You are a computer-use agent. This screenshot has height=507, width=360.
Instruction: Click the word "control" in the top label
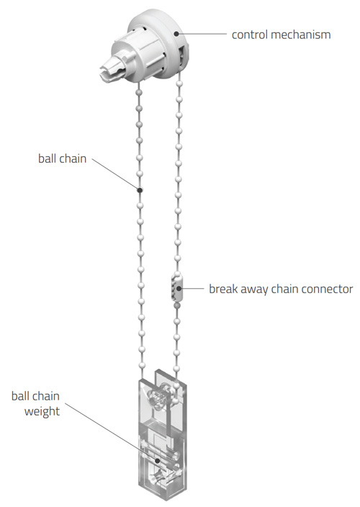pyautogui.click(x=250, y=35)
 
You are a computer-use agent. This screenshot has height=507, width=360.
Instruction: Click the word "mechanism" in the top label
pyautogui.click(x=301, y=35)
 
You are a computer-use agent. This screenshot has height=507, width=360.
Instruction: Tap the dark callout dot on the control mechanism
pyautogui.click(x=176, y=33)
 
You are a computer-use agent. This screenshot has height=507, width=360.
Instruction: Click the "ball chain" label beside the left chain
pyautogui.click(x=63, y=158)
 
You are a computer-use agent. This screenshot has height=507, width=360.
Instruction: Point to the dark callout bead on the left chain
pyautogui.click(x=140, y=190)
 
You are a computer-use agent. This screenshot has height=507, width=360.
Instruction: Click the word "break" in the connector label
pyautogui.click(x=222, y=289)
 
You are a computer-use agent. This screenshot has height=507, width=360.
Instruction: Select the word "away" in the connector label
pyautogui.click(x=254, y=290)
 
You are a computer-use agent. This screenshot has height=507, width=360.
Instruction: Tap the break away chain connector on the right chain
pyautogui.click(x=177, y=287)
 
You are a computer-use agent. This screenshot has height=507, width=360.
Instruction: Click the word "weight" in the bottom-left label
pyautogui.click(x=42, y=412)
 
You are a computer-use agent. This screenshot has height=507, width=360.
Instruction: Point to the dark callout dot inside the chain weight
pyautogui.click(x=157, y=460)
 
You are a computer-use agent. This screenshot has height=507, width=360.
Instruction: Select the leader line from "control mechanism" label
pyautogui.click(x=203, y=33)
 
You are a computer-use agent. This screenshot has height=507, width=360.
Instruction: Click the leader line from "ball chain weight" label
pyautogui.click(x=111, y=431)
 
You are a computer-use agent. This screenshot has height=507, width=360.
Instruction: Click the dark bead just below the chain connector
pyautogui.click(x=176, y=305)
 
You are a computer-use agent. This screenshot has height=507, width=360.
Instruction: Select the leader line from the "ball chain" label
pyautogui.click(x=115, y=174)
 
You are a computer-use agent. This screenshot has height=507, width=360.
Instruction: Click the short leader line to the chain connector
pyautogui.click(x=193, y=288)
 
